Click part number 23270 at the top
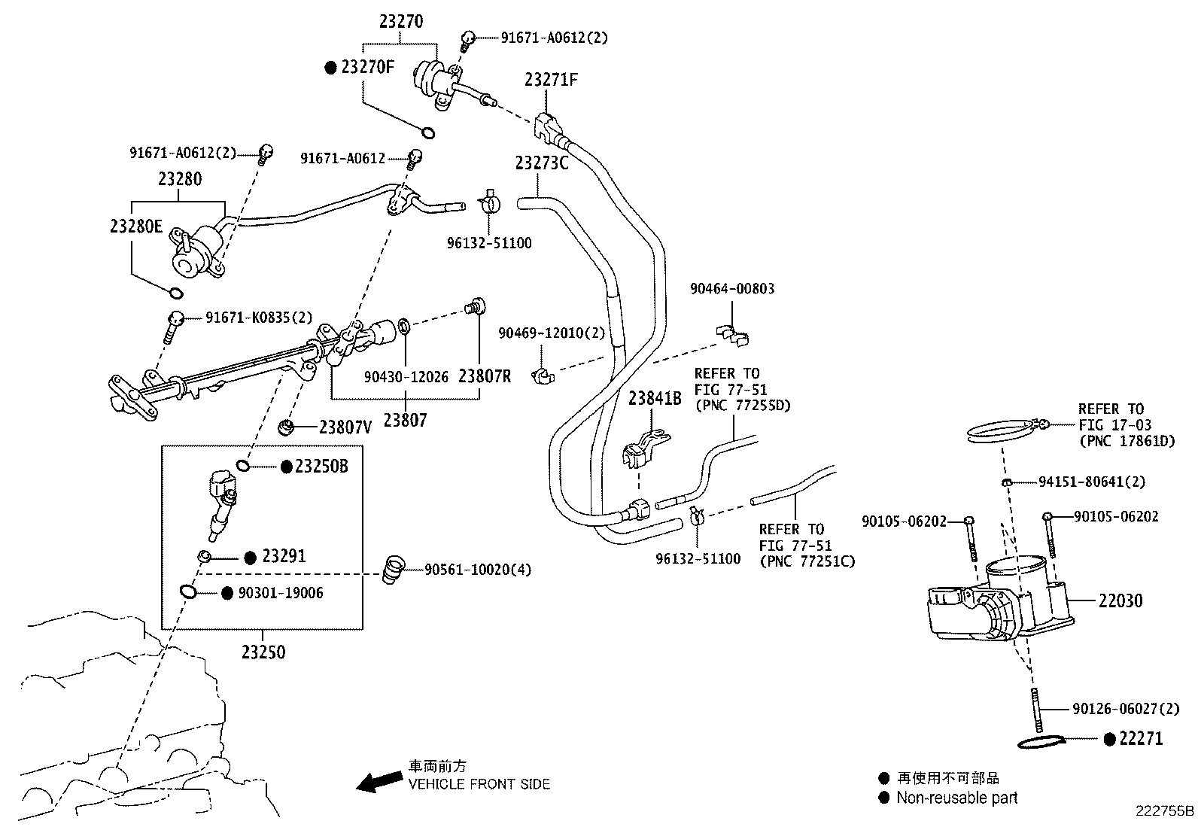click(x=400, y=21)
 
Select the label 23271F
click(x=551, y=80)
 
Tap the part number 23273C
click(x=542, y=163)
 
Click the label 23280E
click(x=135, y=227)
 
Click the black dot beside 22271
click(x=1108, y=739)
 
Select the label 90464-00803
click(x=732, y=289)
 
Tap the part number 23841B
click(x=655, y=399)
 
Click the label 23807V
click(x=345, y=427)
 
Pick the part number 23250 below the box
click(x=263, y=652)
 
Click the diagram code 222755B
click(x=1165, y=810)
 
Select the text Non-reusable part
click(x=956, y=798)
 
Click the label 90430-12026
click(x=406, y=376)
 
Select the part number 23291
click(x=284, y=557)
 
